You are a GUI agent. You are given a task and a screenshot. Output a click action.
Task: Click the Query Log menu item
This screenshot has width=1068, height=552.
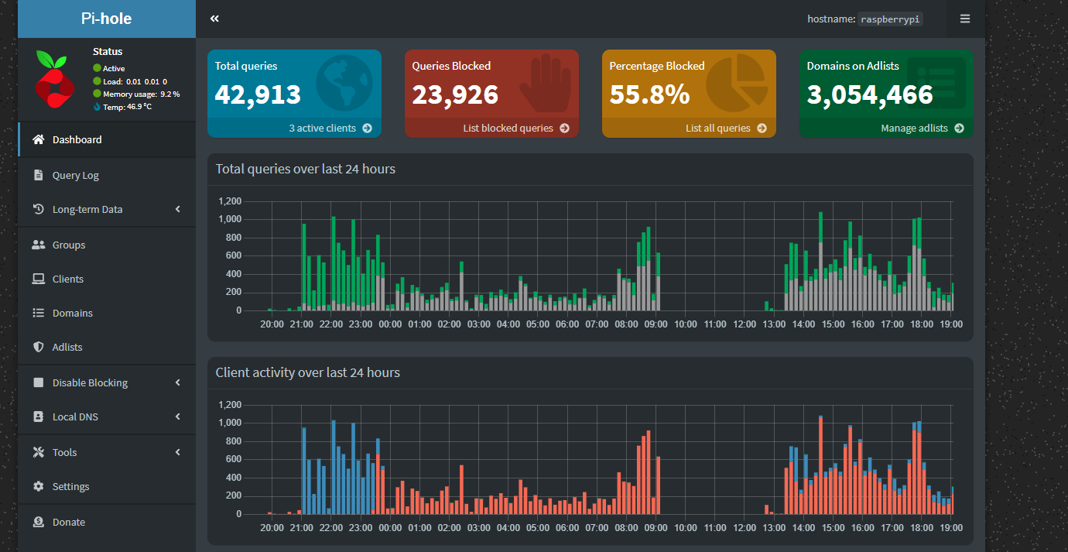coord(75,176)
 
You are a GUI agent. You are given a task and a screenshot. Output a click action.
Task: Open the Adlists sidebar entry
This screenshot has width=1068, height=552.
coord(67,348)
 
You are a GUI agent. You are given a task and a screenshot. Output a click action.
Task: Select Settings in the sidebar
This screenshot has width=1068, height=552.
coord(70,487)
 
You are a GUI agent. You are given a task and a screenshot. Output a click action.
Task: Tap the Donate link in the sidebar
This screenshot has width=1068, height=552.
coord(68,523)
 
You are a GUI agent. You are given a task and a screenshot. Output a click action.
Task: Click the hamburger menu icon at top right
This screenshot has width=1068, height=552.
coord(965,19)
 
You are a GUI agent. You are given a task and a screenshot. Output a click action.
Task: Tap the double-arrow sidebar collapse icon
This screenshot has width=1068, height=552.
coord(214,19)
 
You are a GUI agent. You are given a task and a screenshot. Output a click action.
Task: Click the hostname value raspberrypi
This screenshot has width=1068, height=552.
coord(891,19)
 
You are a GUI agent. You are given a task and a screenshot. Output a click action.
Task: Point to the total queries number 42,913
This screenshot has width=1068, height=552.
coord(258,94)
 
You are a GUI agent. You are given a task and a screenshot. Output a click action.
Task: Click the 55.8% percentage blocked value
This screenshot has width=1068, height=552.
coord(649,94)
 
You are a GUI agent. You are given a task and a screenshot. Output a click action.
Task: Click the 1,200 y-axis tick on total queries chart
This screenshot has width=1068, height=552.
coord(230,201)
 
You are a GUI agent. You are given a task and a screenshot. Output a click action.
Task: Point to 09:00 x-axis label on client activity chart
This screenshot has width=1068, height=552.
coord(656,528)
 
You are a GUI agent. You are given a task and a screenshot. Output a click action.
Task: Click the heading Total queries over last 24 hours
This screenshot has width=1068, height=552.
coord(305,169)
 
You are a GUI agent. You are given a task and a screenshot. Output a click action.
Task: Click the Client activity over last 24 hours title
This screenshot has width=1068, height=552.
coord(307,372)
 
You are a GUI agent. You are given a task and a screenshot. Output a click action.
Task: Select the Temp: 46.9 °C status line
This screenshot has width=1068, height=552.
coord(126,107)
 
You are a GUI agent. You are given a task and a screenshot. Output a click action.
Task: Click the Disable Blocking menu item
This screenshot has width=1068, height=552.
coord(90,383)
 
